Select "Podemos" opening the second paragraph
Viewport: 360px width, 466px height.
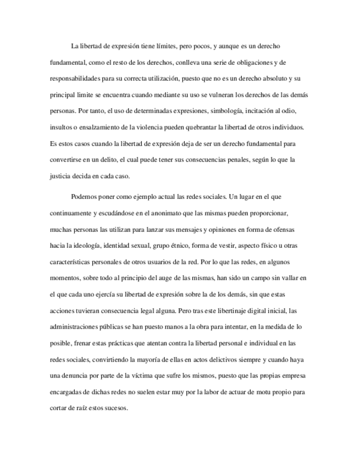point(84,196)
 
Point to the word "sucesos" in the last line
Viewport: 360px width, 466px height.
point(114,408)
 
